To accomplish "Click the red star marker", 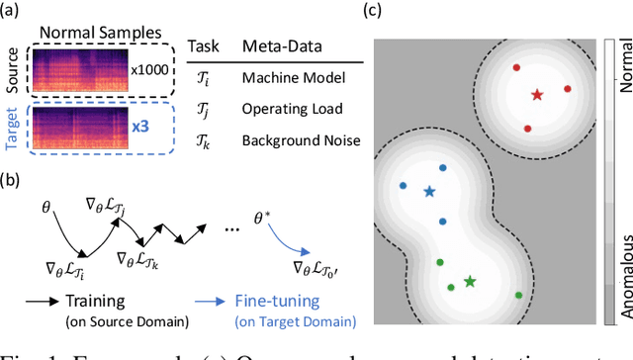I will click(536, 96).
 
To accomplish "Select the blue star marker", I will click(429, 191).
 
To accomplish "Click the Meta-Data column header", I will click(274, 45).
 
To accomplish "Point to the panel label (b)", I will click(13, 181).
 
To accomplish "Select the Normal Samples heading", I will click(88, 31).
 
